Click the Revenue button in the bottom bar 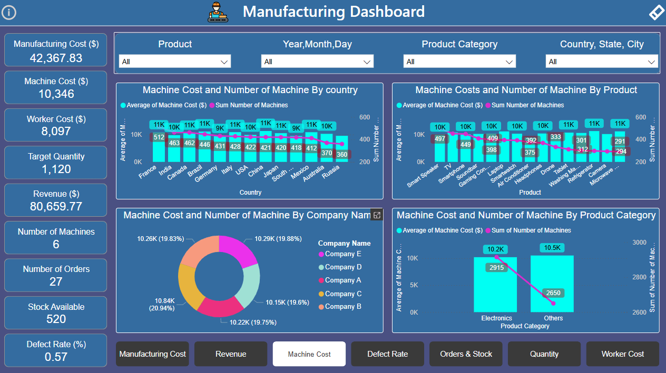(x=231, y=354)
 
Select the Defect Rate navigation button (x=387, y=354)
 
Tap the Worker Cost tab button (x=622, y=354)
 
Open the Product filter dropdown (x=174, y=62)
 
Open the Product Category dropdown (x=459, y=62)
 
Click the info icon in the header (x=9, y=13)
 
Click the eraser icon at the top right (x=656, y=13)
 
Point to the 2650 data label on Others (x=553, y=293)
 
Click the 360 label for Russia (x=342, y=155)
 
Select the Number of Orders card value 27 (x=56, y=281)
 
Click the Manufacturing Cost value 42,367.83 (x=56, y=58)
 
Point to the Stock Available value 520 (x=56, y=319)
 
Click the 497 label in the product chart (x=439, y=139)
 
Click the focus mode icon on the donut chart (x=376, y=215)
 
